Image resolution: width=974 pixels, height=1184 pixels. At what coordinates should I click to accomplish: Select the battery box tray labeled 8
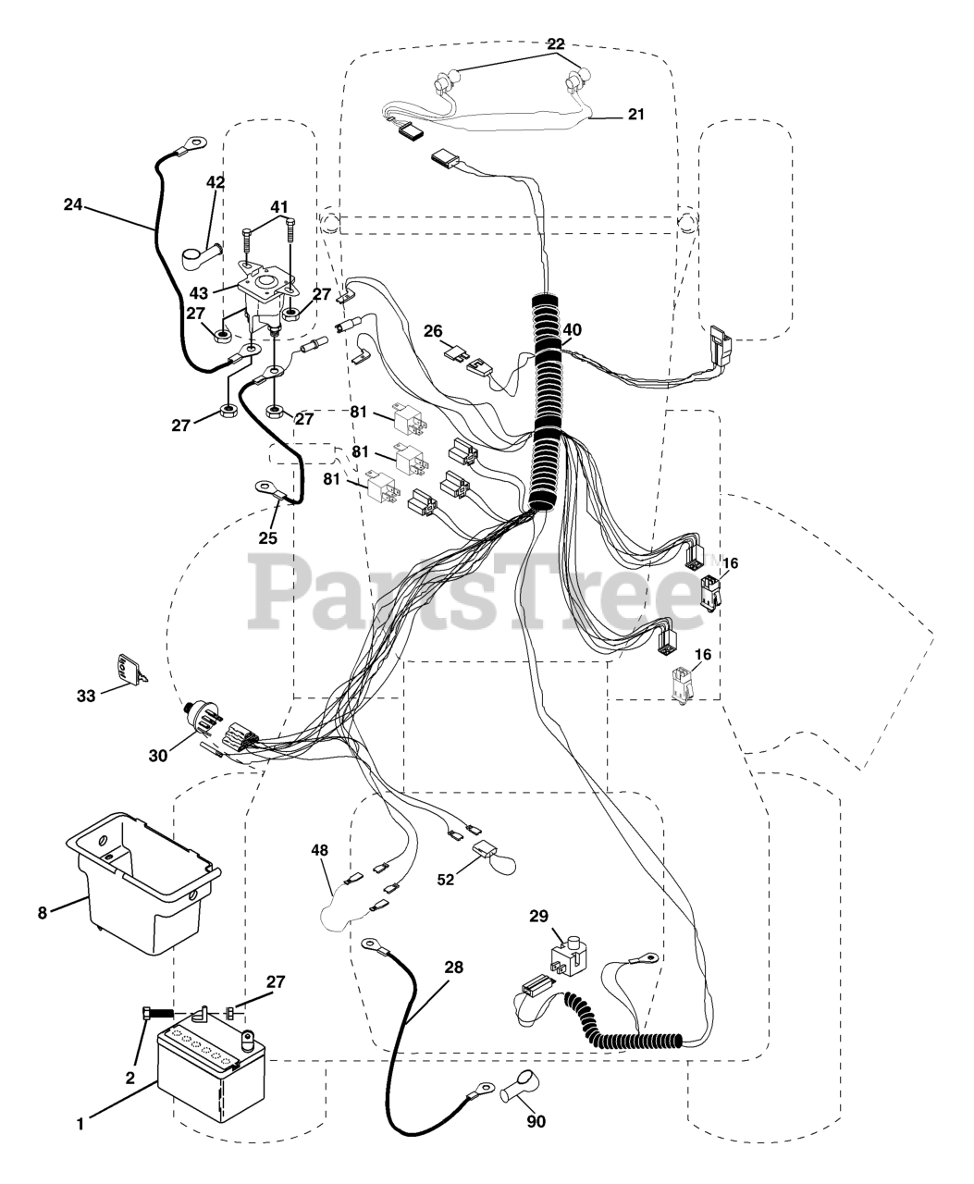(x=144, y=885)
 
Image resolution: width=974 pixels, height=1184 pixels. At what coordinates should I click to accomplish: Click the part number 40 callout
(x=572, y=330)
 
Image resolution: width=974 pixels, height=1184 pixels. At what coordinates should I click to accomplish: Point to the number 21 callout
(x=636, y=114)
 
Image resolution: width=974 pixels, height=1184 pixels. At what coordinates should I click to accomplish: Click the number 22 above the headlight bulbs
(x=556, y=43)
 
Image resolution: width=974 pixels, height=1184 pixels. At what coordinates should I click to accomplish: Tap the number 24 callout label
(x=72, y=205)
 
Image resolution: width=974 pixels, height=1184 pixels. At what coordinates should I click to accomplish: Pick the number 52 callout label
(x=445, y=880)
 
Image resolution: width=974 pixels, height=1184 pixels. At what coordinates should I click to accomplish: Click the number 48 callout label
(x=319, y=850)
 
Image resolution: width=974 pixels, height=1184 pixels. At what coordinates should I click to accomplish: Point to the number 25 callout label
(x=267, y=537)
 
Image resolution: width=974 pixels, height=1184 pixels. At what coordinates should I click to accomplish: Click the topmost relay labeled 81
(x=411, y=419)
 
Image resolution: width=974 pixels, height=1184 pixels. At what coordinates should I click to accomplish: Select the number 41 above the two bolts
(x=279, y=207)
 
